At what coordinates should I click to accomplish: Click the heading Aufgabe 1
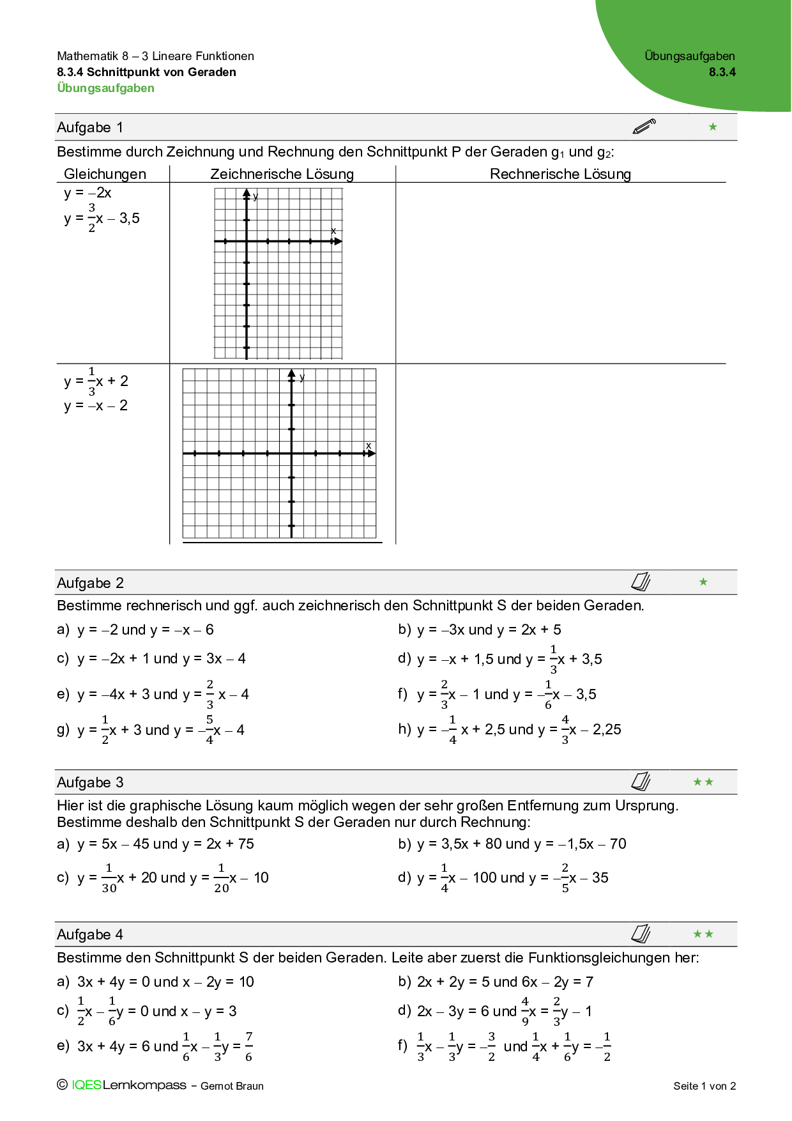pos(90,128)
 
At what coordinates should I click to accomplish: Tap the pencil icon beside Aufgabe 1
pos(644,126)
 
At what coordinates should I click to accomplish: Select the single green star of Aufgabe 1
pos(713,127)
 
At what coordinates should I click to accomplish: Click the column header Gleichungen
pos(105,174)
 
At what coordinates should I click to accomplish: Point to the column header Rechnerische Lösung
pos(560,174)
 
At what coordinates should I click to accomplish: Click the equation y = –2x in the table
pos(88,193)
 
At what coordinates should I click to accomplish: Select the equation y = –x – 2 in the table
pos(96,406)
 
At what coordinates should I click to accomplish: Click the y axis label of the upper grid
pos(255,196)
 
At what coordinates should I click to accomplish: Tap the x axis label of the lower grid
pos(369,445)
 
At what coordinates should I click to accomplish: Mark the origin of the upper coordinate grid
pos(247,242)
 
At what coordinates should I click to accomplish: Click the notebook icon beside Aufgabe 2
pos(641,582)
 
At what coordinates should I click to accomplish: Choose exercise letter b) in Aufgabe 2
pos(404,630)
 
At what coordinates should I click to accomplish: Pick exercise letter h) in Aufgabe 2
pos(404,729)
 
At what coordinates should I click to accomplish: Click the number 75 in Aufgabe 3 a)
pos(246,844)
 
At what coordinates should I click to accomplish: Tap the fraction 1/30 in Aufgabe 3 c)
pos(109,878)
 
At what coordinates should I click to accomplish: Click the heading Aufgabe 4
pos(90,935)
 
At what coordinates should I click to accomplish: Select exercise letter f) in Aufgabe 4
pos(402,1046)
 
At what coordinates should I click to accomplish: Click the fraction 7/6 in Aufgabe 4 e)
pos(248,1047)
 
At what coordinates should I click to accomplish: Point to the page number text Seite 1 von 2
pos(704,1086)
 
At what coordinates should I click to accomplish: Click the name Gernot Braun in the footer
pos(232,1086)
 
